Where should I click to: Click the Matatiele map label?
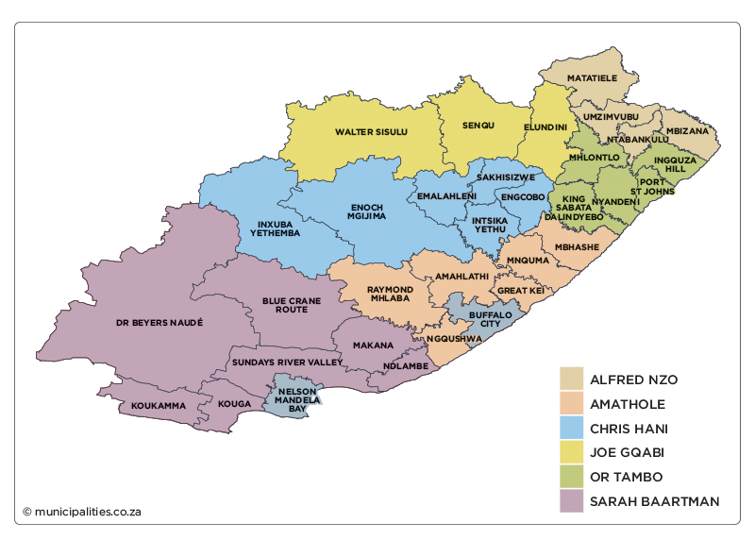pos(592,77)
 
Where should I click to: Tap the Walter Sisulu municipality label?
pos(372,132)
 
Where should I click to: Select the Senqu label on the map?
pos(478,126)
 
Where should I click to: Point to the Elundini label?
pos(545,126)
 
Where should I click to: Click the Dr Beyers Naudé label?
pos(159,322)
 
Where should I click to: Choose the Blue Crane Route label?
pos(292,305)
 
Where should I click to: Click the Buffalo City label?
pos(490,318)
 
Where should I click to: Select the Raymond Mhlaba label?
pos(389,294)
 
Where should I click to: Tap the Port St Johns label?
pos(654,188)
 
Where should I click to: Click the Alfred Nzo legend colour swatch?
pos(571,380)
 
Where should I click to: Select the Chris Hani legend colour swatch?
pos(571,429)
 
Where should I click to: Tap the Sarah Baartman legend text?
pos(654,501)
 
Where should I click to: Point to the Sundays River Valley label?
pos(286,362)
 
